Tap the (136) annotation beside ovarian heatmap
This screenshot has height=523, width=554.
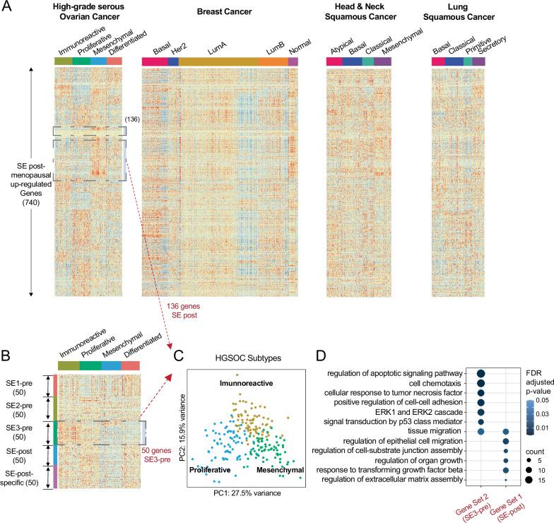click(132, 120)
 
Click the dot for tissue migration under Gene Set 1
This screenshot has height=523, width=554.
click(506, 430)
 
